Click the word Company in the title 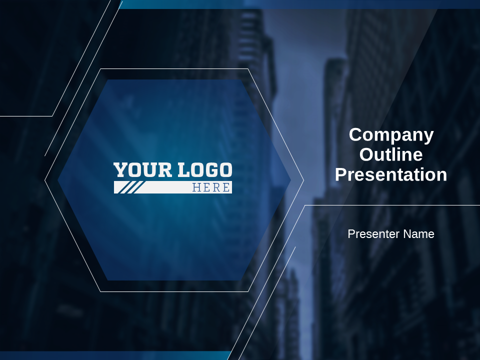click(x=391, y=135)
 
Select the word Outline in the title click(x=391, y=154)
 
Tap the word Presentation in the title click(x=391, y=174)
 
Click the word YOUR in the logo click(x=142, y=170)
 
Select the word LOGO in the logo click(x=205, y=170)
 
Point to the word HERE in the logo click(x=211, y=187)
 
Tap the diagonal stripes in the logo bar click(x=131, y=187)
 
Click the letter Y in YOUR click(x=120, y=170)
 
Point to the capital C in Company click(x=355, y=134)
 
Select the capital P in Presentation click(x=341, y=174)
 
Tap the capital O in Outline click(x=366, y=154)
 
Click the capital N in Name click(x=407, y=234)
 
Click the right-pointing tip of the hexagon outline click(x=303, y=180)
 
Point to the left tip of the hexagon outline click(x=45, y=180)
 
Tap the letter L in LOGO click(x=183, y=170)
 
